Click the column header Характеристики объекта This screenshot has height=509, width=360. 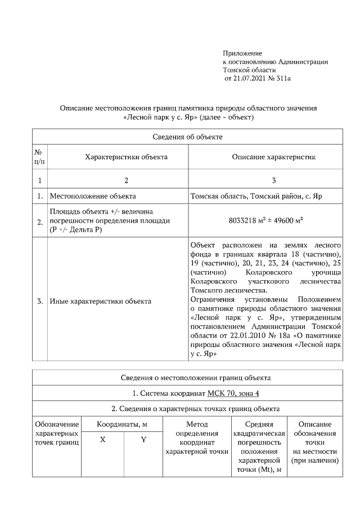point(126,157)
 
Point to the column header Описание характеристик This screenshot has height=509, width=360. point(274,157)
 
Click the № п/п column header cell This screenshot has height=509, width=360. point(39,157)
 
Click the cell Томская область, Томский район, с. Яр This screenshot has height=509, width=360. point(256,196)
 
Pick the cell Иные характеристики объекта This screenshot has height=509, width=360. point(100,301)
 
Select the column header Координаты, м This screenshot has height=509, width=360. point(122,424)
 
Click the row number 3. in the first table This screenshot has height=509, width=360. point(40,301)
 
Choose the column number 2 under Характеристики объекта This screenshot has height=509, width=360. point(126,181)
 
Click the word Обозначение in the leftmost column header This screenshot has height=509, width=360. point(56,424)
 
